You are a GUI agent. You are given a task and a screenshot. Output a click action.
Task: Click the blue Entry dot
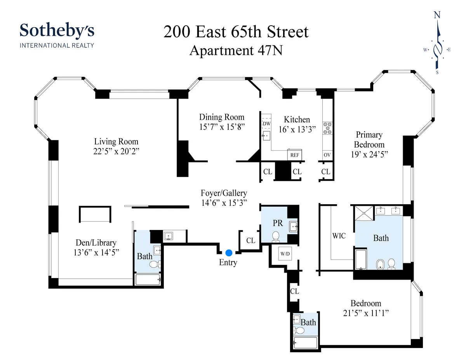pos(229,253)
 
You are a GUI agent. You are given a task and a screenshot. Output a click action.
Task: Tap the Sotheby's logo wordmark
pos(57,31)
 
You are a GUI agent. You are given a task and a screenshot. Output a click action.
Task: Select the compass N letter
pos(437,15)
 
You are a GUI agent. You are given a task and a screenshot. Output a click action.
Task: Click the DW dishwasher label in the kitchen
pos(266,124)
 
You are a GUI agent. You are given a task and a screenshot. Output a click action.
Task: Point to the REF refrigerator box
pos(294,155)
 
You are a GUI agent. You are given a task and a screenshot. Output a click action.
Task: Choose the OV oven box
pos(327,155)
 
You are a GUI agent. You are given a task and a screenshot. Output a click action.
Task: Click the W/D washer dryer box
pos(285,254)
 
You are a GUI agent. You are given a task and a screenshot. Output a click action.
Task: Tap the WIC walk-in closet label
pos(339,235)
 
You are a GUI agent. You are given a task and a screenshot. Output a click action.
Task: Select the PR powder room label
pos(278,223)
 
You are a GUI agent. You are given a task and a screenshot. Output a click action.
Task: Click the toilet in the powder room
pos(276,236)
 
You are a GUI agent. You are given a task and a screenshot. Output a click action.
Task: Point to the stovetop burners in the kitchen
pos(327,128)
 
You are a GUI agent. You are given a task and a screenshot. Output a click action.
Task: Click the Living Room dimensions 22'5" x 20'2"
pos(116,151)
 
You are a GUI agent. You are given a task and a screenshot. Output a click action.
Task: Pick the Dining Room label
pos(222,117)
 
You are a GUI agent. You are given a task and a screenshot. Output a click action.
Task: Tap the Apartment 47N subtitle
pos(236,50)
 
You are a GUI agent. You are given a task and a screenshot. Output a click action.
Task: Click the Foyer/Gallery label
pos(224,193)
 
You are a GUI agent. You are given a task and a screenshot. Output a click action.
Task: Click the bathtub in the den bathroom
pos(147,280)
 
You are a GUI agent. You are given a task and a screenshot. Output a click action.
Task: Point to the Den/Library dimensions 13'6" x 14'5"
pos(96,252)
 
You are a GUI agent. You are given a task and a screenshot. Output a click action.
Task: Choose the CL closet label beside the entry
pos(251,240)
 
